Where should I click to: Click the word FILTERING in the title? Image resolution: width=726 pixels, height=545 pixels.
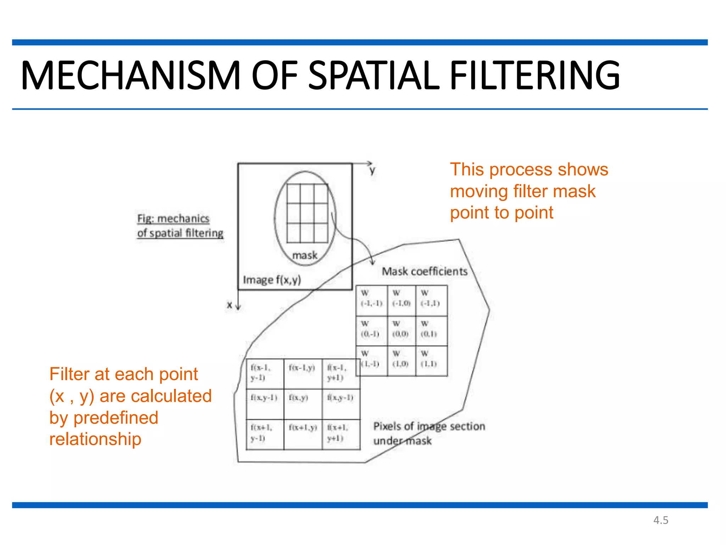(x=535, y=75)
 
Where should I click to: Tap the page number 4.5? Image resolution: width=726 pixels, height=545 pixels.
(x=661, y=520)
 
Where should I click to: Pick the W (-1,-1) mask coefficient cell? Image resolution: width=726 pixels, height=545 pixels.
(x=372, y=300)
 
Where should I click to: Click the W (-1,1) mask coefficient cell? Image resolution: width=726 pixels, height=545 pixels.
(x=431, y=300)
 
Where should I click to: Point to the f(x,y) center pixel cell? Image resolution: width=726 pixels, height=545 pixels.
(x=302, y=403)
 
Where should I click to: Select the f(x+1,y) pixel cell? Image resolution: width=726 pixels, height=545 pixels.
(x=302, y=434)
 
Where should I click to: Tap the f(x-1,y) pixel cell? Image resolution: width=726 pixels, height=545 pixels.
(x=302, y=373)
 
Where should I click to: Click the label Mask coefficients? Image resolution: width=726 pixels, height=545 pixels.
(x=424, y=271)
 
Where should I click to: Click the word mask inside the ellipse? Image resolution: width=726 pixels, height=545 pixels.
(x=305, y=255)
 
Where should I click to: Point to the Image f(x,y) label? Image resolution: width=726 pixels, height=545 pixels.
(x=272, y=280)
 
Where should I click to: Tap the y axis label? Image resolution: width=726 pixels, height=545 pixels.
(x=372, y=171)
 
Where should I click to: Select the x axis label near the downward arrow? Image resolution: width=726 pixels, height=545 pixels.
(x=230, y=305)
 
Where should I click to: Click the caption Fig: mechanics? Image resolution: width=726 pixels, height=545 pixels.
(x=173, y=219)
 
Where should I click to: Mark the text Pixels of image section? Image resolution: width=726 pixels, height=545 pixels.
(x=429, y=426)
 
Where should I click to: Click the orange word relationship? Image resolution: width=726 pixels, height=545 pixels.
(x=95, y=439)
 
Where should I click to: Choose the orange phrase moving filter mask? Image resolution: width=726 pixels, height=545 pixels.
(x=523, y=191)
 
